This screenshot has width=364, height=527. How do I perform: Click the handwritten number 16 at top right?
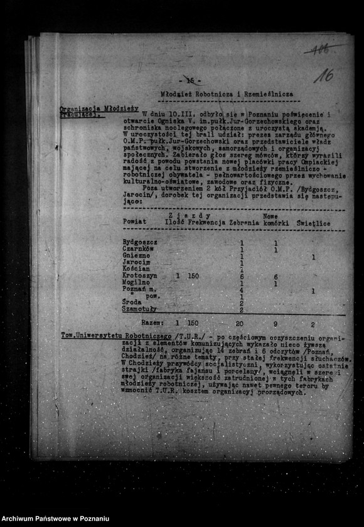pos(324,77)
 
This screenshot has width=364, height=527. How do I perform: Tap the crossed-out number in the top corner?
pos(319,49)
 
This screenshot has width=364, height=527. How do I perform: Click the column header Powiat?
pos(135,221)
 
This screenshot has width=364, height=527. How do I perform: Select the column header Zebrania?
pos(244,221)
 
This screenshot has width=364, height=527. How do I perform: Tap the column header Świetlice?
pos(314,221)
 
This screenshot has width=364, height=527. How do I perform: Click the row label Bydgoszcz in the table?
pos(140,242)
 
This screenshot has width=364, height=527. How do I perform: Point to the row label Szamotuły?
pos(140,309)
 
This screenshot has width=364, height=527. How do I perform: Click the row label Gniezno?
pos(136,256)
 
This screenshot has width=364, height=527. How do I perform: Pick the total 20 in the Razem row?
pos(239,323)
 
